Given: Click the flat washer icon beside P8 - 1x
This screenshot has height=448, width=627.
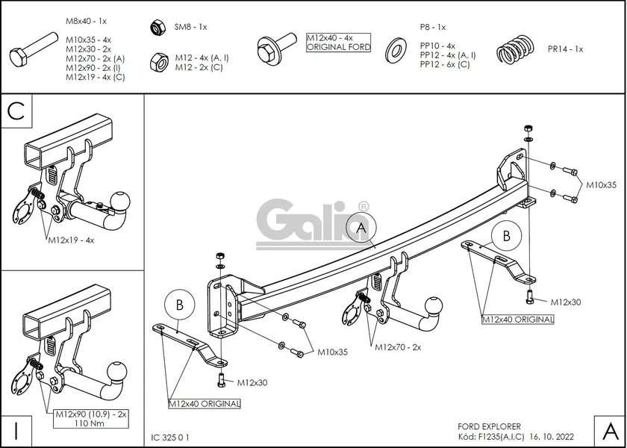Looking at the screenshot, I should pos(396,51).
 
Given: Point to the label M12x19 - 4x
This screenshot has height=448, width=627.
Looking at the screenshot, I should pos(72,240).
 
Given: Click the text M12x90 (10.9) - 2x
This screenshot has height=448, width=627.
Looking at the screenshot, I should pos(92,413).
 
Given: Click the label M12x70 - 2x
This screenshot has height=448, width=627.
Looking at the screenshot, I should pos(398,347).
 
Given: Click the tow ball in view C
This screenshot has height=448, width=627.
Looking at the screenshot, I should pos(121,201).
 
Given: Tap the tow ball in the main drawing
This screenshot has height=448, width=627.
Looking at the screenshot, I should pos(432,305).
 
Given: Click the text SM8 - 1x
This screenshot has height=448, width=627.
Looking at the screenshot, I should pos(190,27).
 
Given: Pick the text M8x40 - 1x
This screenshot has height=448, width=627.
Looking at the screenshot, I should pos(85,22).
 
